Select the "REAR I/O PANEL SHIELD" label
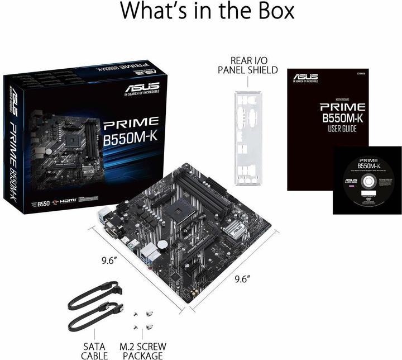[248, 65]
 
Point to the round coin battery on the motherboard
[162, 244]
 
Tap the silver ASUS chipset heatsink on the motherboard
[233, 229]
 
